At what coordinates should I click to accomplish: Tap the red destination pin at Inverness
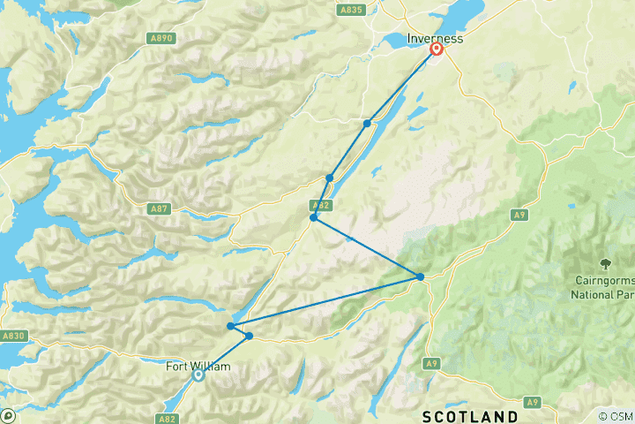[436, 50]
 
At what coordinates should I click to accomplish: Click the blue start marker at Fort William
[198, 375]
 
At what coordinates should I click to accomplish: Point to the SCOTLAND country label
[470, 415]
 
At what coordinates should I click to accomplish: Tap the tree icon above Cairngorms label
[606, 262]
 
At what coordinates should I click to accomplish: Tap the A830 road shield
[13, 336]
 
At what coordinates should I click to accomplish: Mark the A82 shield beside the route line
[323, 205]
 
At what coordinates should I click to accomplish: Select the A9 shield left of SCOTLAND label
[431, 363]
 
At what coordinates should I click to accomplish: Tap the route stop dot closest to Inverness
[367, 123]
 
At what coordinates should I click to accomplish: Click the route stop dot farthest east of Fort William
[421, 277]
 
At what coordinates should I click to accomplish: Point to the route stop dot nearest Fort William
[250, 336]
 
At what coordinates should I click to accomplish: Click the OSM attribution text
[616, 416]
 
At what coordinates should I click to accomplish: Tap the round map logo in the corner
[7, 415]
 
